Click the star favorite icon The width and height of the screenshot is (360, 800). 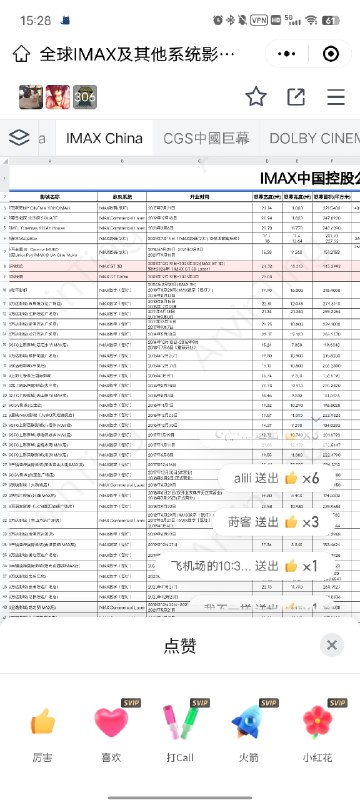coord(257,96)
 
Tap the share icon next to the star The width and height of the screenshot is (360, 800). coord(296,96)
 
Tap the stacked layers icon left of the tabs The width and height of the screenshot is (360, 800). coord(19,138)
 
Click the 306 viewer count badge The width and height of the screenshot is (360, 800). coord(85,96)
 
